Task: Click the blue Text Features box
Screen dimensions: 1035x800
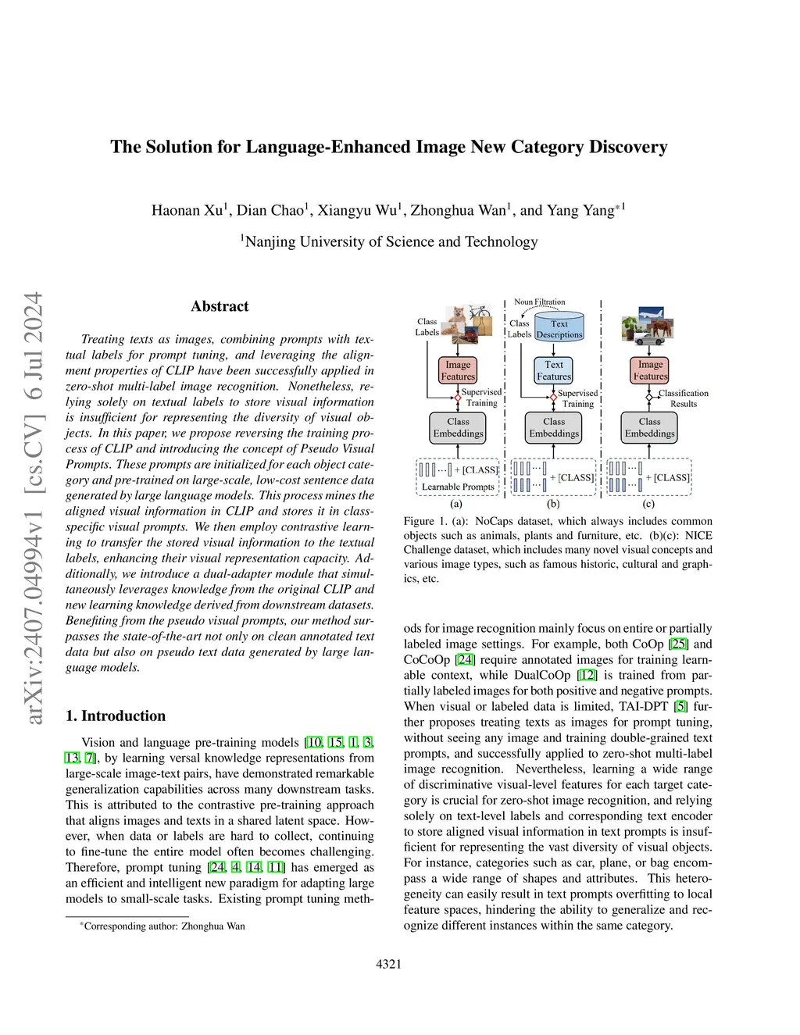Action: (554, 370)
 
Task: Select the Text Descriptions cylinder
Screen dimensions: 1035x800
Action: (559, 328)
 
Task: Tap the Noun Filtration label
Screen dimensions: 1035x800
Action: (539, 302)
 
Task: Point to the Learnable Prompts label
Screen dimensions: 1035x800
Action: (458, 487)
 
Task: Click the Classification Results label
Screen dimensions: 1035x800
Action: (683, 398)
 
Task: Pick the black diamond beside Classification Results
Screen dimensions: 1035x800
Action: (649, 398)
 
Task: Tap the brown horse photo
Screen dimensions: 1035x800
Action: (659, 328)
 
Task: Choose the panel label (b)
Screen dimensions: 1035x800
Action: (553, 504)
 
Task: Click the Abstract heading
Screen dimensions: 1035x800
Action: (220, 306)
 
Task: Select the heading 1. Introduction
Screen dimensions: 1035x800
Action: (116, 716)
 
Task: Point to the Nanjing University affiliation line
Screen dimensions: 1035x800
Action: (389, 241)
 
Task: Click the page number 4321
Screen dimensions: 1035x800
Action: (389, 964)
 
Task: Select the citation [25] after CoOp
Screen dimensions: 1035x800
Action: (679, 644)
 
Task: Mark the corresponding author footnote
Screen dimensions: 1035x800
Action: (162, 926)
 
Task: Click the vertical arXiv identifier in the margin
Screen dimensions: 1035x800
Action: (34, 508)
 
